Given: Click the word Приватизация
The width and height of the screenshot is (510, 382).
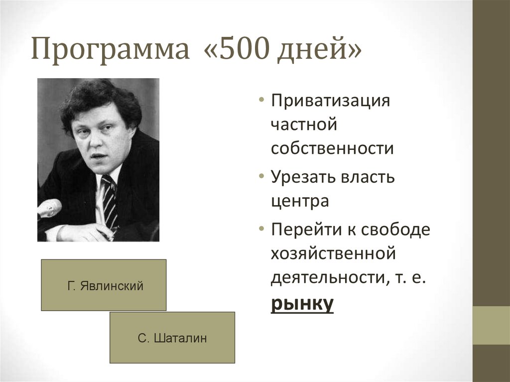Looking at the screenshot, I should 330,101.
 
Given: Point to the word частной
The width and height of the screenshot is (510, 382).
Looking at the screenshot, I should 304,125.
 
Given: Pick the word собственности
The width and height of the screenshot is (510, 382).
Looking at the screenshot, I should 332,149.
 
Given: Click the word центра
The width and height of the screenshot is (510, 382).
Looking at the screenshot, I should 300,202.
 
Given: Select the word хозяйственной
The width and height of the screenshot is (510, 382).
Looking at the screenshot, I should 333,254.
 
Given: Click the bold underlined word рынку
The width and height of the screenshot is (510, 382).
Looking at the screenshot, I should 302,303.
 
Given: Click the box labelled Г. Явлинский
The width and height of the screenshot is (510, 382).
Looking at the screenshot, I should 104,285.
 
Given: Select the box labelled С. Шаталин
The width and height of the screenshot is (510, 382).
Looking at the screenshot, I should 172,338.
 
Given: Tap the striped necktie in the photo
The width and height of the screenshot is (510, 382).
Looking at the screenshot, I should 110,202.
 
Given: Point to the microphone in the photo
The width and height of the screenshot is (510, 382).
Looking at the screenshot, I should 50,208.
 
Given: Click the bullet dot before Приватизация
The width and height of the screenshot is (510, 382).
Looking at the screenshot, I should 262,101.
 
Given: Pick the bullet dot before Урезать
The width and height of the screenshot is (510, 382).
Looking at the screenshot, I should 262,177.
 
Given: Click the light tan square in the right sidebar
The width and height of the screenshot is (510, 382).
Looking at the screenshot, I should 491,325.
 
